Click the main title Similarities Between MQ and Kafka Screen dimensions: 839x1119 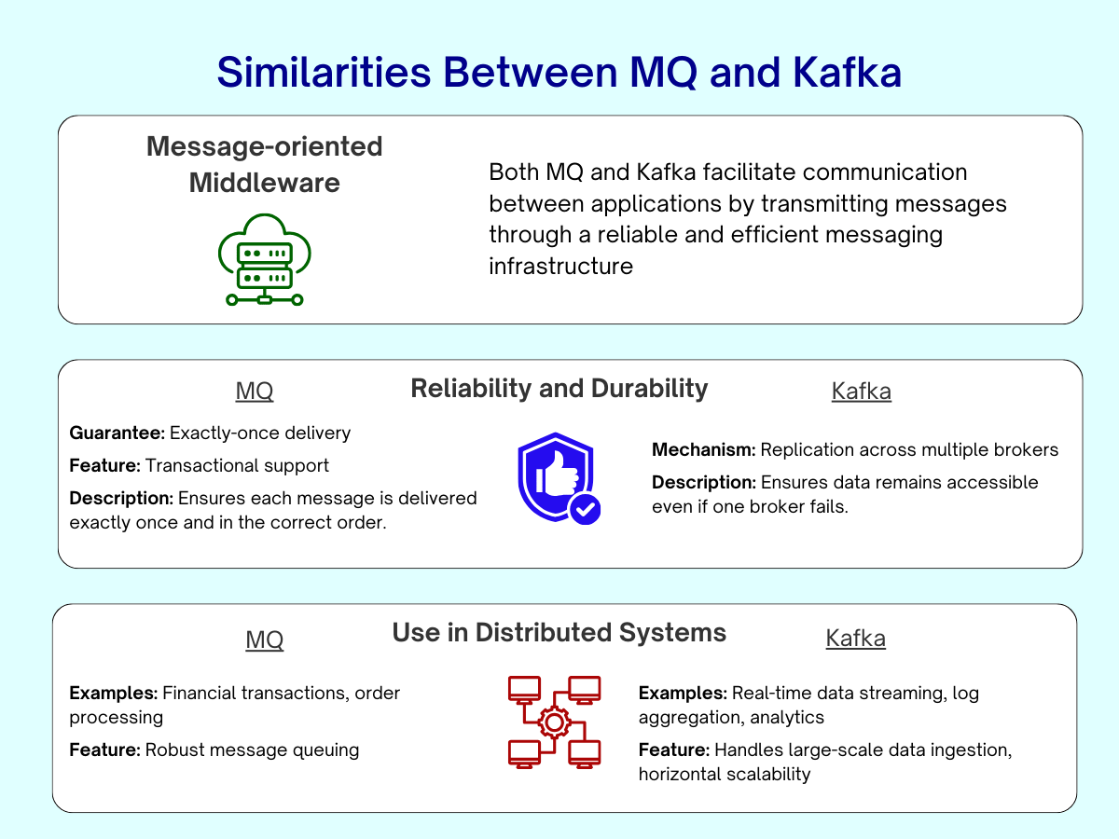coord(559,72)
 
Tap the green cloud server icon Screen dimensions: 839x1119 coord(265,259)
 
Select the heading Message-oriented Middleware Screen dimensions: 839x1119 coord(265,164)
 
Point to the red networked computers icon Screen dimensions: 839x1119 coord(554,722)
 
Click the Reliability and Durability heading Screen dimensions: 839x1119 coord(559,389)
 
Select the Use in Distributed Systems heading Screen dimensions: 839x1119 coord(559,633)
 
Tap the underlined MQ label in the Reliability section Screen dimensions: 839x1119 coord(255,392)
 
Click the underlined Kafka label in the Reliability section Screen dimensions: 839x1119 coord(861,392)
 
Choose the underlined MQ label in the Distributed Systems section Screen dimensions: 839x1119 coord(265,640)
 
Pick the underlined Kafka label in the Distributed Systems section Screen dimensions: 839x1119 coord(855,639)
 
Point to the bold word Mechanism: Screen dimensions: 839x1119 coord(703,449)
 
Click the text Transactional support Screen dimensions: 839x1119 coord(237,465)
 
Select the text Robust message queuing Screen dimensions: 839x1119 coord(252,750)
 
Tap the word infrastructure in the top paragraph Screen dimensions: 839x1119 coord(560,266)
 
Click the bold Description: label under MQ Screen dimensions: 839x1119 coord(121,498)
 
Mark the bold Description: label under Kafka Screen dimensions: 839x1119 coord(703,482)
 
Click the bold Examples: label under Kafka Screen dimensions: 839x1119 coord(683,693)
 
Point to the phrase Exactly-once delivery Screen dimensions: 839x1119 coord(260,433)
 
